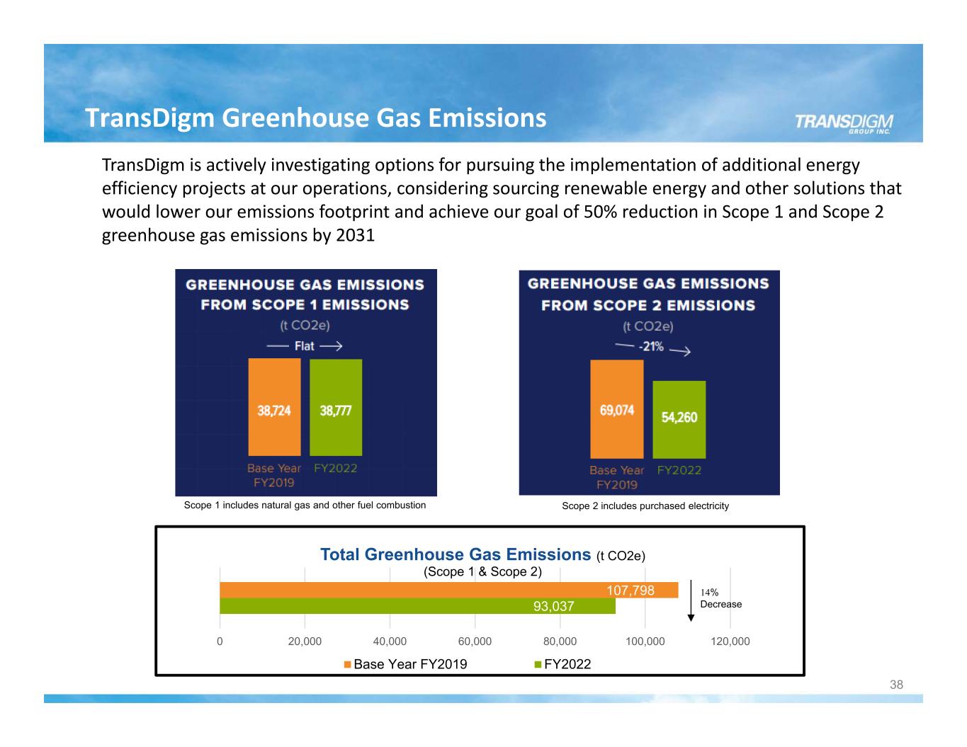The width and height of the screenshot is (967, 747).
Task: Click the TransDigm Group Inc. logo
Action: (843, 123)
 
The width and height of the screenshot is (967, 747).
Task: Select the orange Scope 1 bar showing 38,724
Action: (274, 407)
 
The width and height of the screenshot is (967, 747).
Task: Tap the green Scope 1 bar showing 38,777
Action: (336, 407)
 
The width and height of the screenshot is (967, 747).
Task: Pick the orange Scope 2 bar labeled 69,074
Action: (617, 409)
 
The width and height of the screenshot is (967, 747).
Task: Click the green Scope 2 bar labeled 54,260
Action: (679, 419)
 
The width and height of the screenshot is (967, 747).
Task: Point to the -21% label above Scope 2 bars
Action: (650, 347)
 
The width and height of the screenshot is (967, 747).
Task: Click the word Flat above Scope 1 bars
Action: (305, 346)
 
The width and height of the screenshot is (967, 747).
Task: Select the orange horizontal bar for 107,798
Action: (448, 590)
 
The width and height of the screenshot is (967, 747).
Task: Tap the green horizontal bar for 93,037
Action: (417, 606)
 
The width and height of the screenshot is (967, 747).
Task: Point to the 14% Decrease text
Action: (720, 598)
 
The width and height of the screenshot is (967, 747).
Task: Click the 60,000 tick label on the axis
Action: (475, 641)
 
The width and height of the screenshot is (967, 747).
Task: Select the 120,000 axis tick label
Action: (730, 641)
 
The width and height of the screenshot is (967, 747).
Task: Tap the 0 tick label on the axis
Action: (220, 641)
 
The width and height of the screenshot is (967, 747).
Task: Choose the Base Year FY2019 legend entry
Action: (405, 664)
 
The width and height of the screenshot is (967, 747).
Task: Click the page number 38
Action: (896, 685)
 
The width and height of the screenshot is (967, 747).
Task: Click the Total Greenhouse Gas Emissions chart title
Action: (456, 554)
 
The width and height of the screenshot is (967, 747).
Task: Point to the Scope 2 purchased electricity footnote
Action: (645, 506)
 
